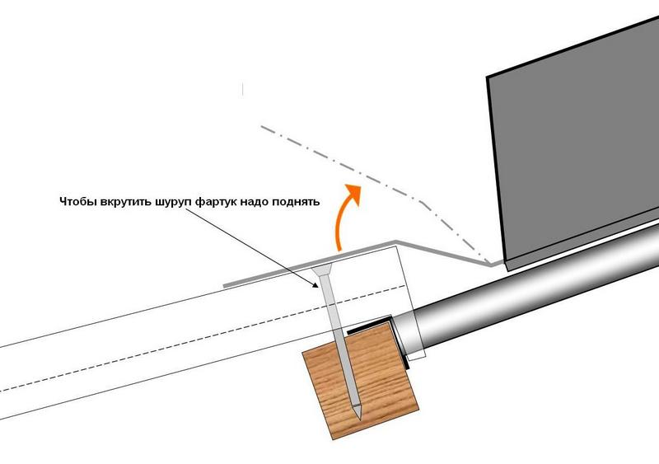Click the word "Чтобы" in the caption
pyautogui.click(x=77, y=201)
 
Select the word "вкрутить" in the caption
pyautogui.click(x=124, y=201)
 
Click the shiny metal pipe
pyautogui.click(x=535, y=297)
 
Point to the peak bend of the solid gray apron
pyautogui.click(x=396, y=242)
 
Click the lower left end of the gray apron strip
pyautogui.click(x=227, y=285)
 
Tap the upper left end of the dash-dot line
pyautogui.click(x=262, y=127)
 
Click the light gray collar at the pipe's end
pyautogui.click(x=409, y=337)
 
